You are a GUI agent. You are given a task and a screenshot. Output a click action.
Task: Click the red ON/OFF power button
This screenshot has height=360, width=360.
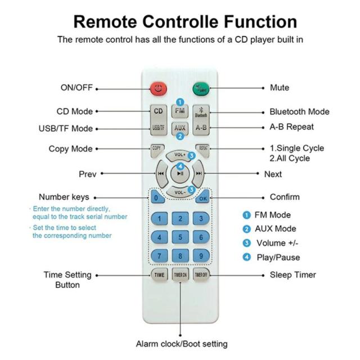pyautogui.click(x=159, y=88)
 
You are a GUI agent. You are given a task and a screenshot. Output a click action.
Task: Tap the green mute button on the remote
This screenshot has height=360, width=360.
pyautogui.click(x=201, y=88)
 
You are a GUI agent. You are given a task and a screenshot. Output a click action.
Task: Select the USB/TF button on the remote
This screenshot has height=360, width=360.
pyautogui.click(x=159, y=128)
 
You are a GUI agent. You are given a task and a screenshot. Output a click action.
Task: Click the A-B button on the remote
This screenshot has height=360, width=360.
pyautogui.click(x=201, y=128)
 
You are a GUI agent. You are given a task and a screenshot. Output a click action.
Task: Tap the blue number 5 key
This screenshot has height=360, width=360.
pyautogui.click(x=180, y=237)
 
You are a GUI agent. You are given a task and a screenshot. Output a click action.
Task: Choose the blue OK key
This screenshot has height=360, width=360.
pyautogui.click(x=203, y=198)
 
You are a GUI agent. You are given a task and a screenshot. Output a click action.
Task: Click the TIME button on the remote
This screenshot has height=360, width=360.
pyautogui.click(x=159, y=275)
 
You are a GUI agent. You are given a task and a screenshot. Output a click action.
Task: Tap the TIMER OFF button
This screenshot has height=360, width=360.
pyautogui.click(x=201, y=275)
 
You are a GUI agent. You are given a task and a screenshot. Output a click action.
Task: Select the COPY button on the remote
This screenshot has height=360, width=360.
pyautogui.click(x=156, y=149)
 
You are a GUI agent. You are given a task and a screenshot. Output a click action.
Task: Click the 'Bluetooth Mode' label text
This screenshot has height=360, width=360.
pyautogui.click(x=299, y=112)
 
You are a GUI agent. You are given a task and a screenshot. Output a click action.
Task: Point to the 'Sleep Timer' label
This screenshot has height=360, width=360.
pyautogui.click(x=292, y=275)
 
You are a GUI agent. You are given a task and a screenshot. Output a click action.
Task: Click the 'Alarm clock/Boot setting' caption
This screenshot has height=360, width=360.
pyautogui.click(x=182, y=344)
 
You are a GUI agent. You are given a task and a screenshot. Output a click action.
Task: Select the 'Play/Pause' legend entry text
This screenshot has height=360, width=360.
pyautogui.click(x=277, y=258)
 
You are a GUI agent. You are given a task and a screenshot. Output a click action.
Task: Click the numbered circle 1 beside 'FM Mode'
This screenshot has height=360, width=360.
pyautogui.click(x=246, y=215)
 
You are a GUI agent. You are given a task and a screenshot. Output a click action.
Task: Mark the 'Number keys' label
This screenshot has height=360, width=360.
pyautogui.click(x=64, y=197)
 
